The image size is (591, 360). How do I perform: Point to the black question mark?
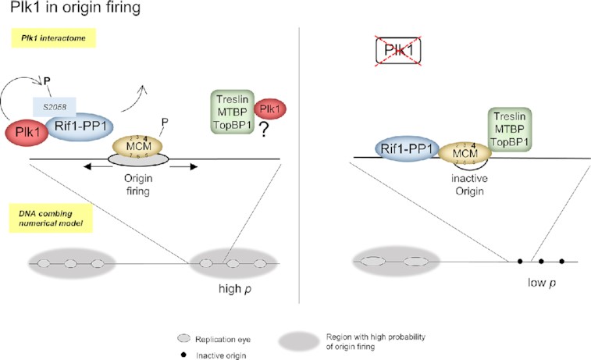click(x=254, y=133)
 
